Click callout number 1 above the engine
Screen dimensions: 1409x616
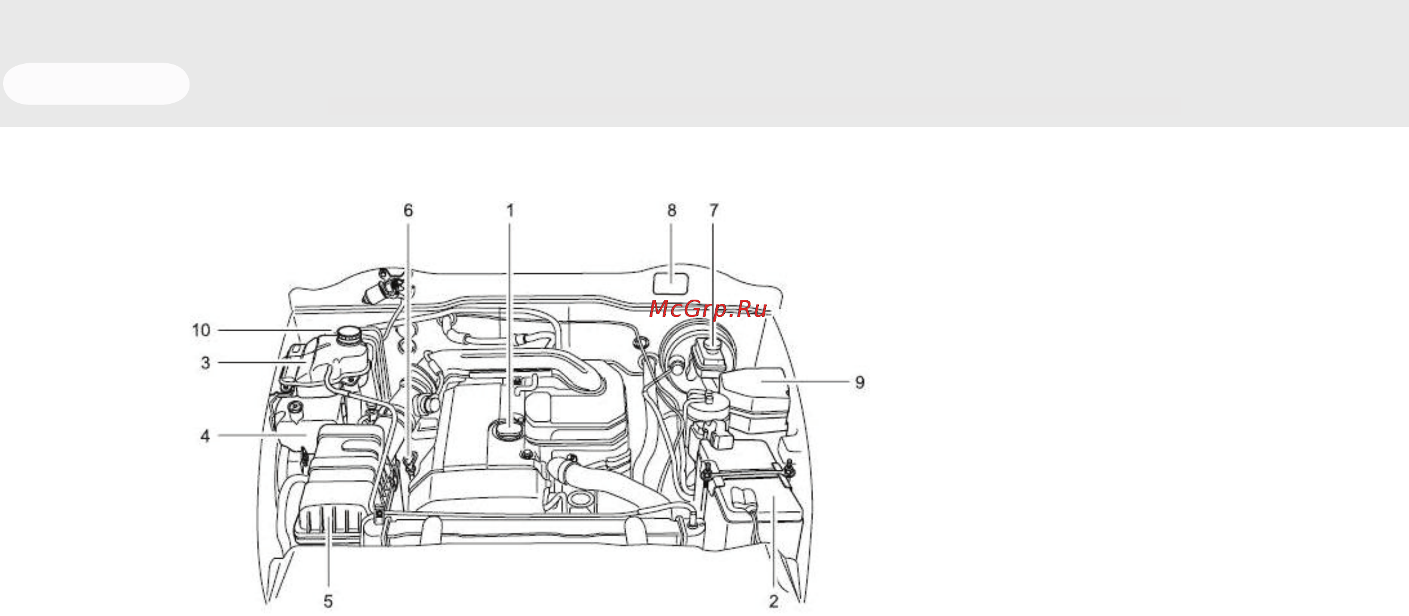tap(510, 211)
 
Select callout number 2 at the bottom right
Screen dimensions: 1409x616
tap(774, 601)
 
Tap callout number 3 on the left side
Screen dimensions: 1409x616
tap(206, 363)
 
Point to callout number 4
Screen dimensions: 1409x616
tap(205, 436)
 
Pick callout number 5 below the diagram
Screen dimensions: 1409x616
tap(328, 601)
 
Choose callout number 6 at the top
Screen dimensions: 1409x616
tap(408, 211)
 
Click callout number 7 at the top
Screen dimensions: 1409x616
tap(713, 211)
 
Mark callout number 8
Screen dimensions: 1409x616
tap(672, 211)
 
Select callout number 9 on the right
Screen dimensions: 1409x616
tap(860, 382)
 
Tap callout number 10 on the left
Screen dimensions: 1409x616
tap(201, 330)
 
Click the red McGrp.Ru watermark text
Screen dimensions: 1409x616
tap(708, 309)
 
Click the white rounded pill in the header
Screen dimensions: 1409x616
tap(96, 84)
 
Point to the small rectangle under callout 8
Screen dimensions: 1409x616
tap(671, 283)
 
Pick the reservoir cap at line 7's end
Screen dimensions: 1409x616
tap(712, 346)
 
